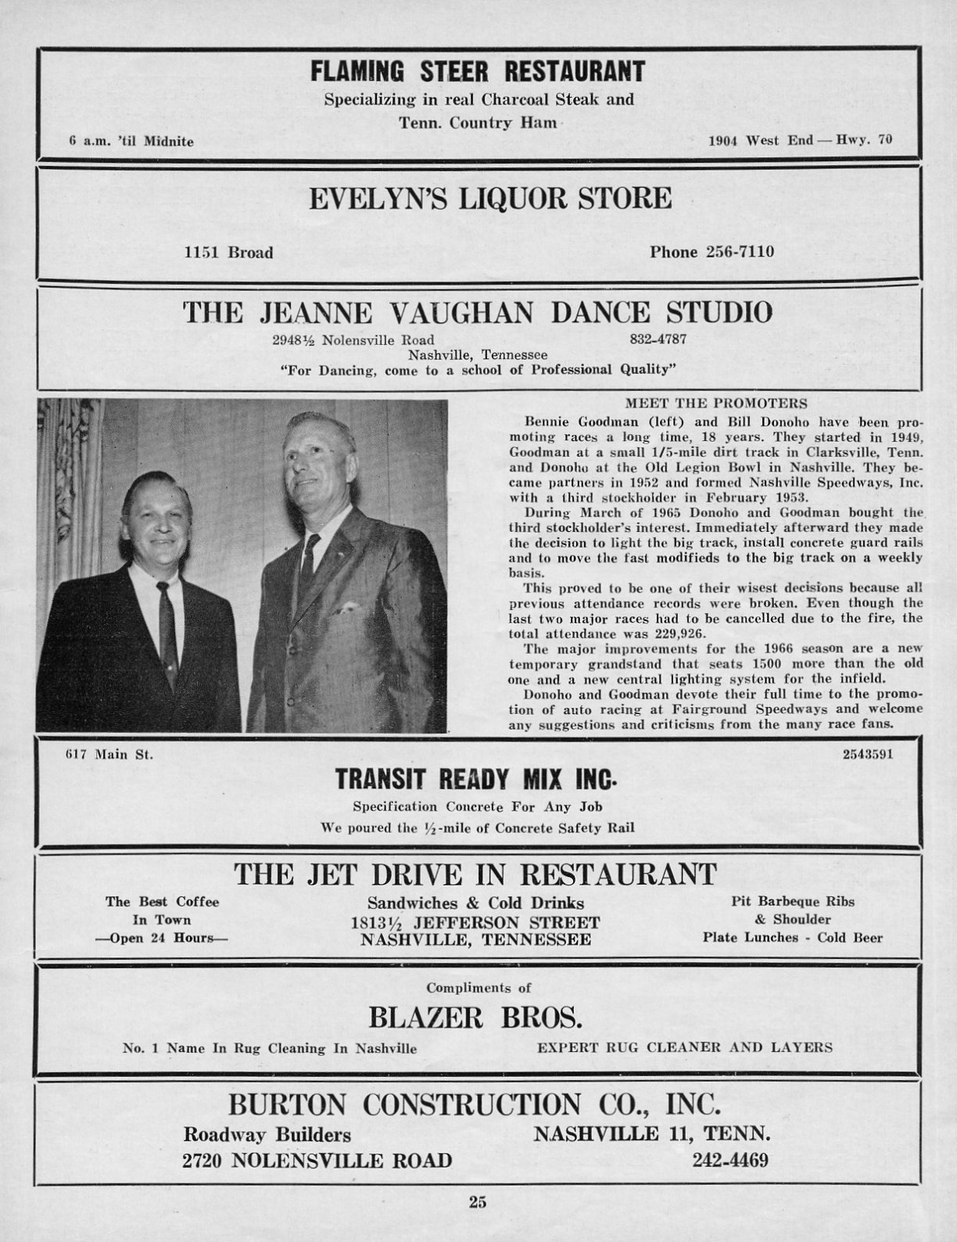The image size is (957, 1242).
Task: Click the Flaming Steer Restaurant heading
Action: click(478, 72)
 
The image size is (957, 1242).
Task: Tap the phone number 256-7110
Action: click(711, 252)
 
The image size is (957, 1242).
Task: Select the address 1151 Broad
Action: click(228, 253)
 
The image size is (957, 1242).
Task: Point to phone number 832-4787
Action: click(658, 339)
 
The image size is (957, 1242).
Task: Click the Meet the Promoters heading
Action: click(716, 404)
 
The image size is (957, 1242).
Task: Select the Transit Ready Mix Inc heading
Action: click(476, 780)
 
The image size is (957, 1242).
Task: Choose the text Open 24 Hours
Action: click(163, 937)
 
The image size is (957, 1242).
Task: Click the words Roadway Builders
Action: click(267, 1134)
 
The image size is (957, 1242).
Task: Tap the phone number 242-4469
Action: click(730, 1159)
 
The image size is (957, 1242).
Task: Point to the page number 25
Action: click(478, 1202)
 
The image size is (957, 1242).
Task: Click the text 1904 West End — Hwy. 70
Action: click(800, 141)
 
